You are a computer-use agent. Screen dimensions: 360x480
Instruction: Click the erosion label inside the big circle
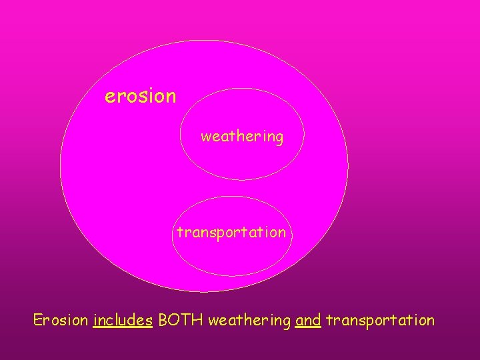[x=141, y=97]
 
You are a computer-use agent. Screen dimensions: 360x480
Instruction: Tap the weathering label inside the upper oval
[x=242, y=137]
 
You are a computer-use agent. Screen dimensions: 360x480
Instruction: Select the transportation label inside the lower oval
[x=231, y=233]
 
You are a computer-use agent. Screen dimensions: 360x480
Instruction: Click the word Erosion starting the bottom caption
[x=61, y=320]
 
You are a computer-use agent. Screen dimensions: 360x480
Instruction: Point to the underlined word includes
[x=123, y=320]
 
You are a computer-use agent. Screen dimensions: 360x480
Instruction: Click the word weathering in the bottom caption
[x=249, y=321]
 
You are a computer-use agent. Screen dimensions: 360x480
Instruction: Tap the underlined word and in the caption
[x=308, y=320]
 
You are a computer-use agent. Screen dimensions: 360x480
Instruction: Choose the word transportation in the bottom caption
[x=380, y=320]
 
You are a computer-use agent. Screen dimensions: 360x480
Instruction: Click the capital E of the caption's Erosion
[x=38, y=320]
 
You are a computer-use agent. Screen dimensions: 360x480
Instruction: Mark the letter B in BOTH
[x=163, y=320]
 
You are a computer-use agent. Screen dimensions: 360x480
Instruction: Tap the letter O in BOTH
[x=175, y=320]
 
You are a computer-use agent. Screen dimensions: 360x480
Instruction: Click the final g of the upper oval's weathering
[x=279, y=139]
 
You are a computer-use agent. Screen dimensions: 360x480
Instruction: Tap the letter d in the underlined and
[x=317, y=320]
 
